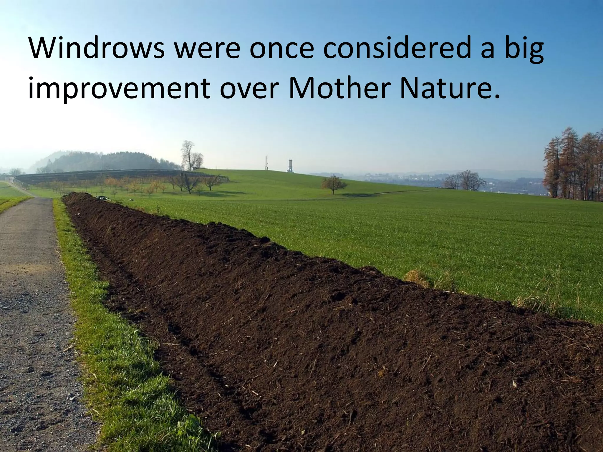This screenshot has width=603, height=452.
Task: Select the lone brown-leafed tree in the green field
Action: pos(333,184)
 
